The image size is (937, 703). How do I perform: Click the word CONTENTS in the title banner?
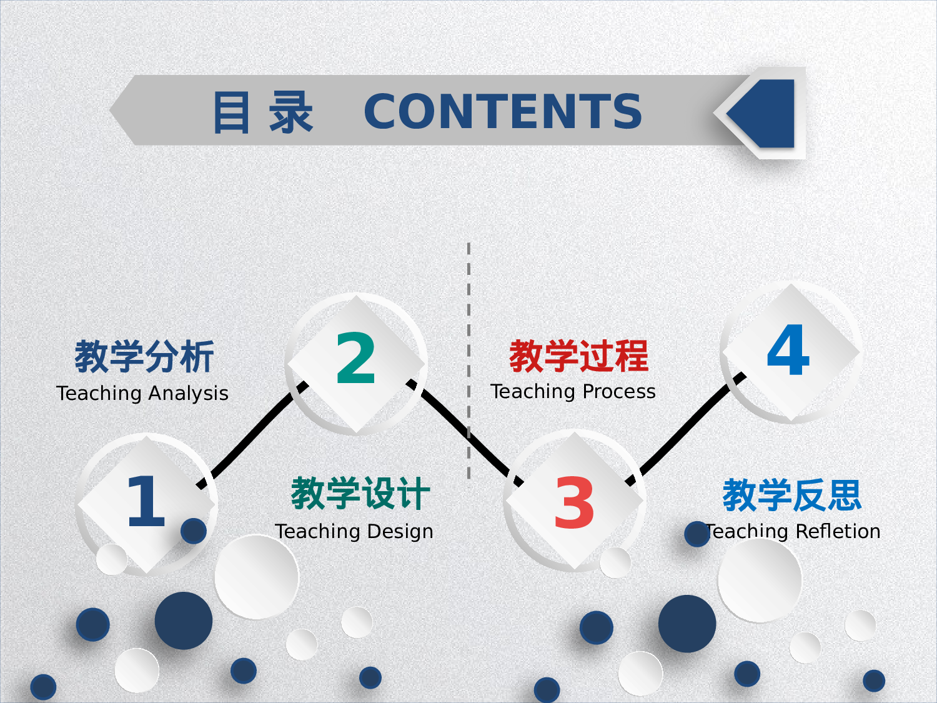pos(503,112)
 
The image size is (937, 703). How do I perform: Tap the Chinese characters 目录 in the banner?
pos(262,112)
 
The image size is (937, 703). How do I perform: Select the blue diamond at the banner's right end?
pos(765,113)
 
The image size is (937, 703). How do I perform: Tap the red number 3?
pos(573,502)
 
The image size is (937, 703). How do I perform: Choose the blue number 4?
pos(788,351)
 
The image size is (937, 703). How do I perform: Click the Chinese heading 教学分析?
pos(144,357)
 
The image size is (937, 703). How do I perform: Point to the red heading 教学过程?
pos(578,356)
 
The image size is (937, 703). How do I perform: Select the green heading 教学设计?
pos(360,494)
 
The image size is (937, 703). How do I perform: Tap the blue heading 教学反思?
pos(792,495)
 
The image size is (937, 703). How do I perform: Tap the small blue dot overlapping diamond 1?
pos(194,531)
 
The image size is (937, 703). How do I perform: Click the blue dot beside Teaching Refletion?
pos(697,534)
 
